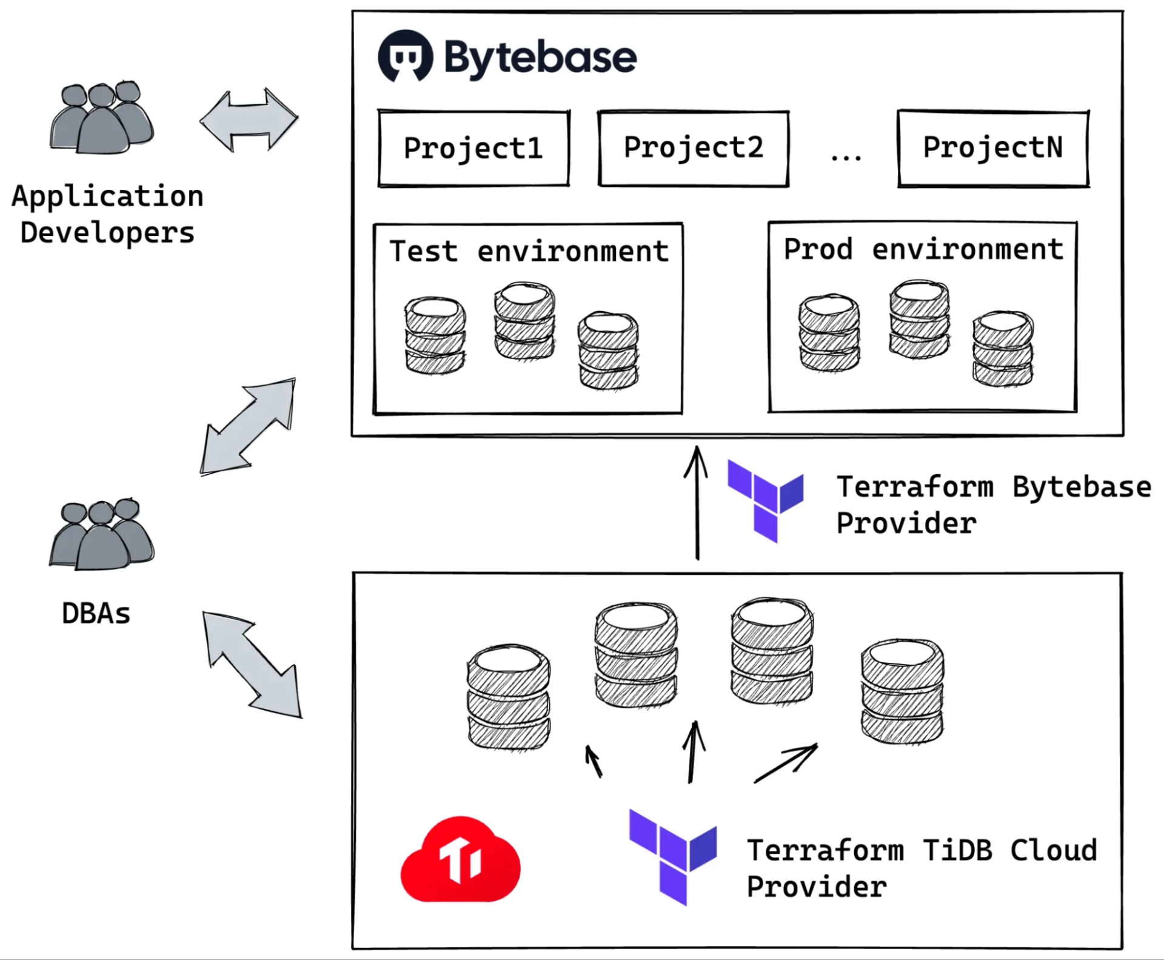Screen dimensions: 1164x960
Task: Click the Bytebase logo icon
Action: coord(405,56)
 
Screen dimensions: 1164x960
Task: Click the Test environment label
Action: coord(529,251)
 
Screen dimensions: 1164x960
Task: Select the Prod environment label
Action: coord(923,249)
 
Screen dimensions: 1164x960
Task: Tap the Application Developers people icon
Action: coord(102,116)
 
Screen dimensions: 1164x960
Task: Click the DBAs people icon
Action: coord(102,534)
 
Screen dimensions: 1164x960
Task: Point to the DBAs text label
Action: coord(96,613)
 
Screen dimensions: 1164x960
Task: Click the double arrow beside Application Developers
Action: coord(249,120)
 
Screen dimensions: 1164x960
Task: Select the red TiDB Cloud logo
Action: coord(460,859)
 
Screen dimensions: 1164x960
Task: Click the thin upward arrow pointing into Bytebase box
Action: coord(697,503)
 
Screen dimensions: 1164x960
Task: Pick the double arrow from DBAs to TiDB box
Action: coord(252,664)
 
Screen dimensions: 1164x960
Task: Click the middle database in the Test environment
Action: coord(524,321)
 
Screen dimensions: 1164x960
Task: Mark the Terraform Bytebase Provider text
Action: coord(994,505)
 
